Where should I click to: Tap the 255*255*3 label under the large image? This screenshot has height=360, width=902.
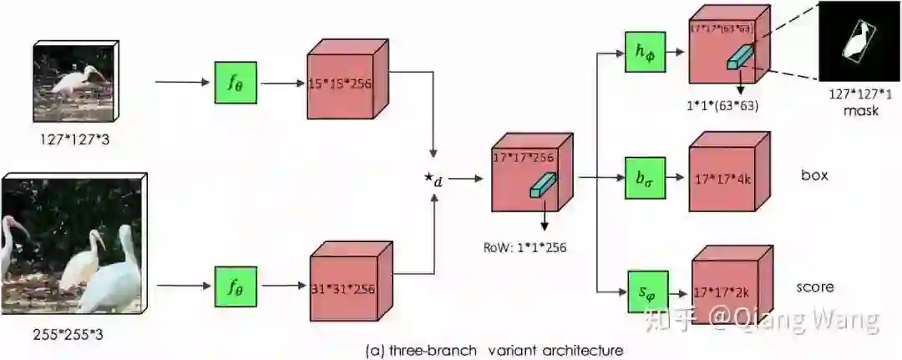pos(73,335)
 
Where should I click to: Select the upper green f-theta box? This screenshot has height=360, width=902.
pos(236,82)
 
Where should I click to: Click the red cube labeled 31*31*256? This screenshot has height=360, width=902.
pos(343,287)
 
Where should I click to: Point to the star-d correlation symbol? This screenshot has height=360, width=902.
pos(434,180)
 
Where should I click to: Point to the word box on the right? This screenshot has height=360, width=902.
pos(815,176)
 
